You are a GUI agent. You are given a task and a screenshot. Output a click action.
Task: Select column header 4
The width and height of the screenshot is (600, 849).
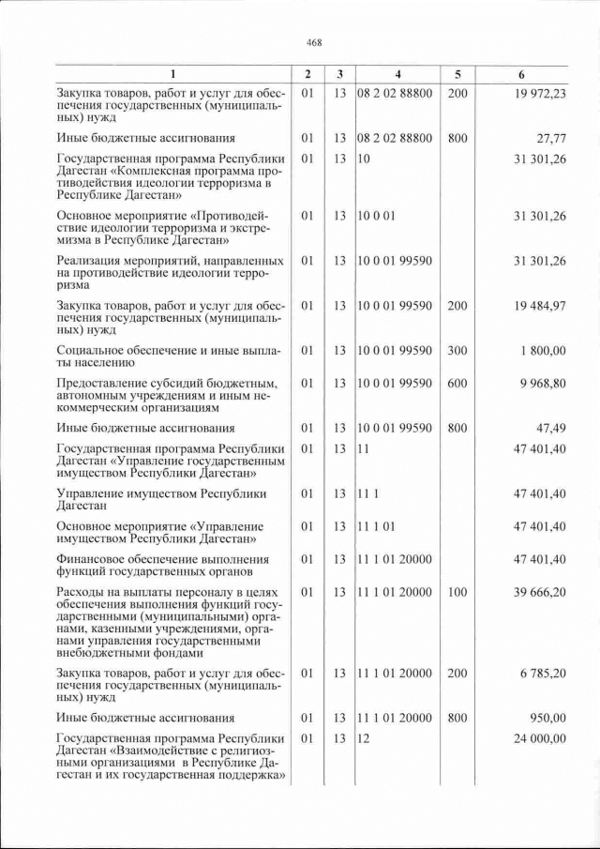(397, 74)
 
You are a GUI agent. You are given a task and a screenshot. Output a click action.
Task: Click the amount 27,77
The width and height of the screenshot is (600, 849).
(550, 138)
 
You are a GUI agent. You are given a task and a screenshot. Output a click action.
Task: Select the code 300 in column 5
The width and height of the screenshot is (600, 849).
(457, 350)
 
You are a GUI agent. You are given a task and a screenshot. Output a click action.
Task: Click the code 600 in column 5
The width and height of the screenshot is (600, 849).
(457, 383)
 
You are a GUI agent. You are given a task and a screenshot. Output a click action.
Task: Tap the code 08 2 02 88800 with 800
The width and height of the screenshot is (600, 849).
(395, 138)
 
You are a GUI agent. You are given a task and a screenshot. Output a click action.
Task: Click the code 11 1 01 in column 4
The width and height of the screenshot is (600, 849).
(376, 526)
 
